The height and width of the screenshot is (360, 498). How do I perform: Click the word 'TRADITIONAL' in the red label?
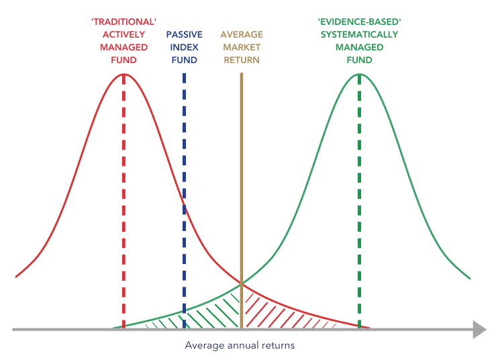(x=123, y=21)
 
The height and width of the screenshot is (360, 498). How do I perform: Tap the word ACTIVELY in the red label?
(x=123, y=35)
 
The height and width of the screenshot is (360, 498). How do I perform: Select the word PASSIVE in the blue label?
(x=184, y=35)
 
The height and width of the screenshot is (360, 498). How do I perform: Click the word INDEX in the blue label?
(x=184, y=47)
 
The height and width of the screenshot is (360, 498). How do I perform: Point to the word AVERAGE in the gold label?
(x=242, y=35)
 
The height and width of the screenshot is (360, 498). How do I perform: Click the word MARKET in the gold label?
(x=242, y=47)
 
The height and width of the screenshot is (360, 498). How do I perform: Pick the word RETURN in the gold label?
(x=242, y=60)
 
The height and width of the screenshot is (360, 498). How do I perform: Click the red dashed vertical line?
(x=123, y=201)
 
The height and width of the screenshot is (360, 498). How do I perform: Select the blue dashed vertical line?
(x=184, y=201)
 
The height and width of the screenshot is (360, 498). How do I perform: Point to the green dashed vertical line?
(x=360, y=201)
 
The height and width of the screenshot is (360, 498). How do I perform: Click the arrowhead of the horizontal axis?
(x=479, y=329)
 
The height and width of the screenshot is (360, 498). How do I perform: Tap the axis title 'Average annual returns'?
(x=240, y=346)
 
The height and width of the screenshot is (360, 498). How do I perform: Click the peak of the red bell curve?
(x=123, y=73)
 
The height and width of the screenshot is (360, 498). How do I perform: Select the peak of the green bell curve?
(x=360, y=73)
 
